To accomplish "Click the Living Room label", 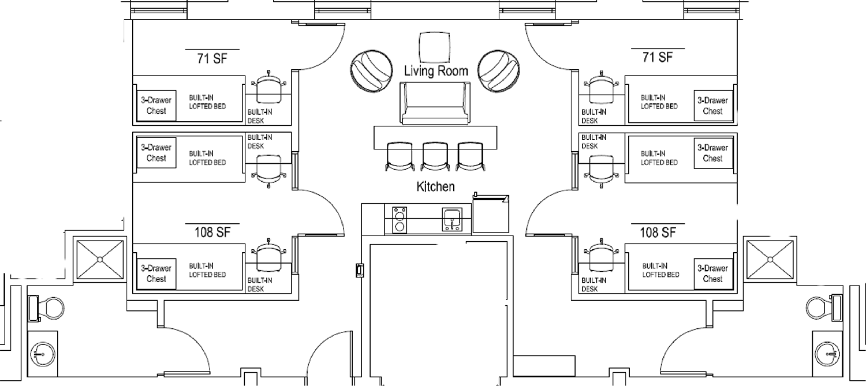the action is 436,71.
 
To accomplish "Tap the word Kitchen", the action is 435,186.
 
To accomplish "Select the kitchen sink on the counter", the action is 452,219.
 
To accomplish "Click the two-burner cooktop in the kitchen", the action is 400,220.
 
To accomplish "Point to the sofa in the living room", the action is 435,103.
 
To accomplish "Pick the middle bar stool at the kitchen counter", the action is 435,156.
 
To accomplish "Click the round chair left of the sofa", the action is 372,71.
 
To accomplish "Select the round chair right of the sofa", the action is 498,71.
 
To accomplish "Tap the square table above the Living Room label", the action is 435,47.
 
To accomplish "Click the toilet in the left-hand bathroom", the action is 46,308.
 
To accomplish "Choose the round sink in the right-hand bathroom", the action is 828,354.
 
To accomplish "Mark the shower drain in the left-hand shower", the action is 100,259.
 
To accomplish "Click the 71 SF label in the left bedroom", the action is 212,58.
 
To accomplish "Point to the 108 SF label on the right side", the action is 658,232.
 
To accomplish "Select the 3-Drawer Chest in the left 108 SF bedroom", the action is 156,273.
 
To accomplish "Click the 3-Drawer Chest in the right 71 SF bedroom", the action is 713,106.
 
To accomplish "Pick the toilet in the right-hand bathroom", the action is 824,308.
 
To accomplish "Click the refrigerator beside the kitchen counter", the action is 491,213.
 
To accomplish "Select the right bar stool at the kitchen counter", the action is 470,156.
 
